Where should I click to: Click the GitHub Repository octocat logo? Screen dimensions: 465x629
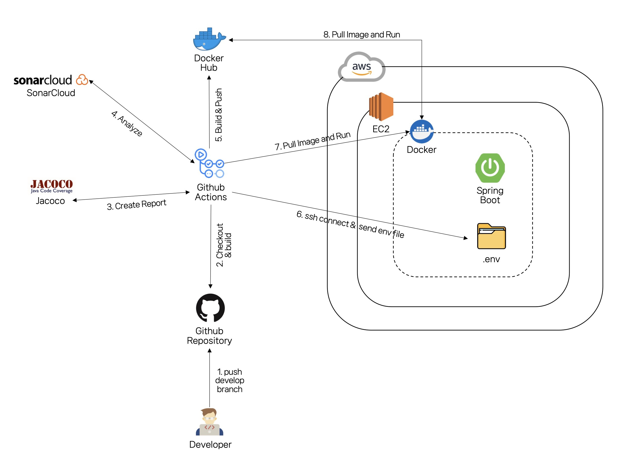pos(210,308)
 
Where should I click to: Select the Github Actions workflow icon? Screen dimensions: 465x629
pos(209,163)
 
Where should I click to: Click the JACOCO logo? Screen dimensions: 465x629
pos(52,186)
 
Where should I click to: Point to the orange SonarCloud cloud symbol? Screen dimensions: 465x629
pos(82,80)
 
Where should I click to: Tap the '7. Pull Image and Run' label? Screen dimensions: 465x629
pos(313,141)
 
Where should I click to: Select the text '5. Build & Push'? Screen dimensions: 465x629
pos(219,115)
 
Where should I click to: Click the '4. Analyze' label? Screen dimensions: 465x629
pos(127,124)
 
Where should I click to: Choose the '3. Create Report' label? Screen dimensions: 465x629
pos(136,204)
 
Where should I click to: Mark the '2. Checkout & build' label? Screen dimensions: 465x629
pos(224,245)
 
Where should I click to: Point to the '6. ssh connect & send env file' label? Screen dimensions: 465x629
pos(350,224)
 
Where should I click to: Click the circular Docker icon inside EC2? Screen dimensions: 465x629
pos(422,131)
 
